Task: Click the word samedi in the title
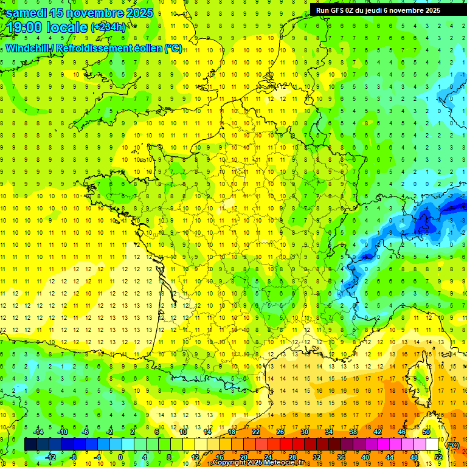point(28,12)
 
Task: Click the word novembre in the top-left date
point(97,12)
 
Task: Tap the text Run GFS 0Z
point(337,10)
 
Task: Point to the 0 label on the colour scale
point(121,457)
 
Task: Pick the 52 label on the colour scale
point(438,457)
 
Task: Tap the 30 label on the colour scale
point(304,432)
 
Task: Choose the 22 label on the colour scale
point(255,432)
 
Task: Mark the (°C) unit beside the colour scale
point(453,445)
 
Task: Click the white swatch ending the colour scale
point(432,445)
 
